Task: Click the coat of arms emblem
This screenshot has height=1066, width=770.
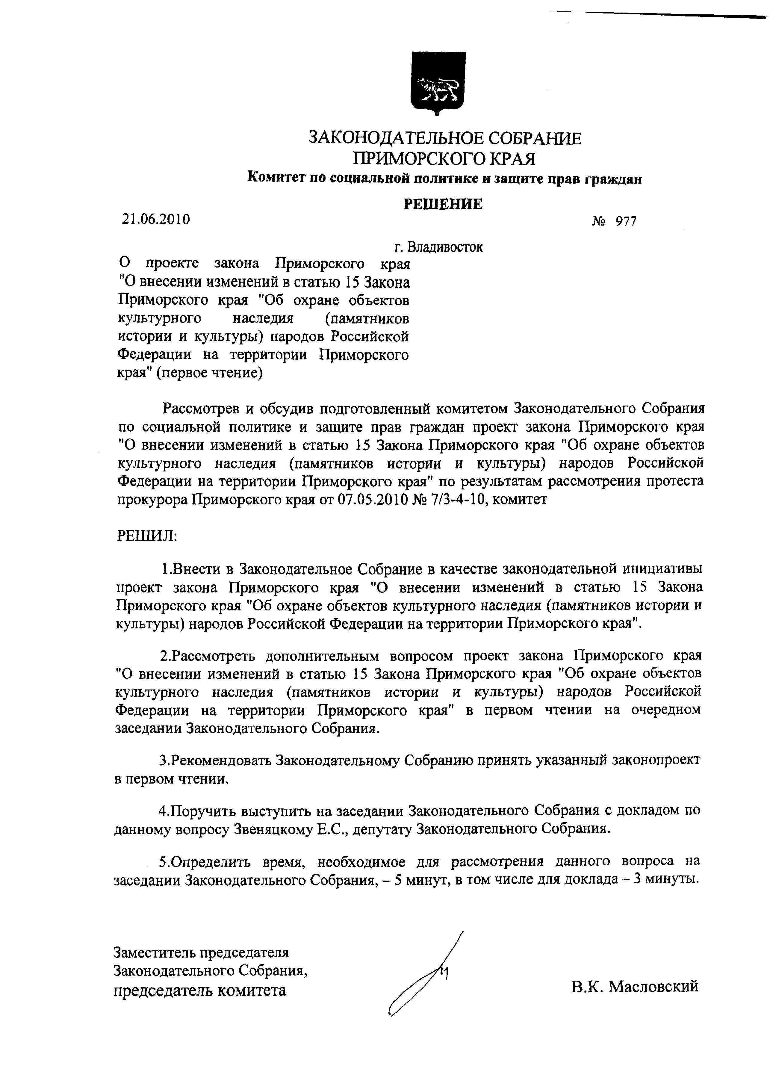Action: (437, 83)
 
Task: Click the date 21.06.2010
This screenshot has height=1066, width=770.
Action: (156, 219)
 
